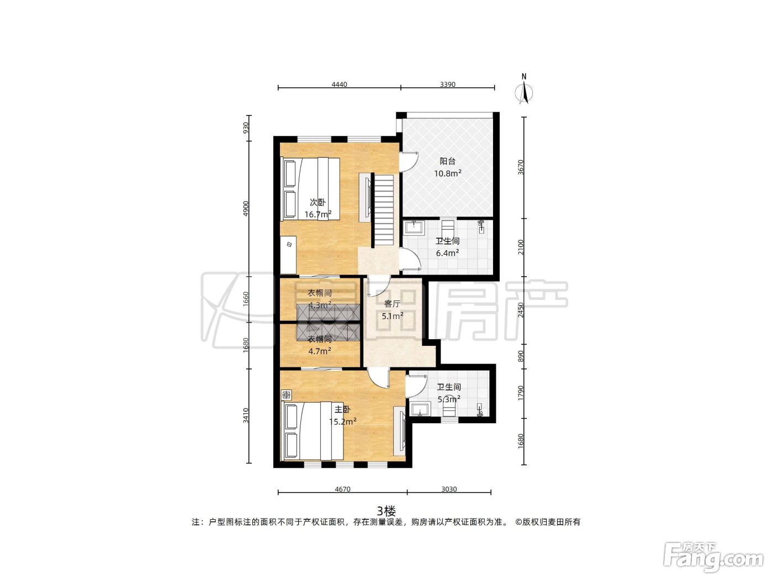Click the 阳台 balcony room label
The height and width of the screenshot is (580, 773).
447,161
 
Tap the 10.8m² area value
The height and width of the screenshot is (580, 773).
447,173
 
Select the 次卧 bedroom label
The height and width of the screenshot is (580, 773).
317,203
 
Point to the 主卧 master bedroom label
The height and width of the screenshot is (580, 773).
342,409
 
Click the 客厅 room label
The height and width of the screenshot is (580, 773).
392,304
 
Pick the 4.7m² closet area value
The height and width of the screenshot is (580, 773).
319,351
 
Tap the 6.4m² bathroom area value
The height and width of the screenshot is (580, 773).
447,253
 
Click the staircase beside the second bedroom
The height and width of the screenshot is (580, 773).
384,210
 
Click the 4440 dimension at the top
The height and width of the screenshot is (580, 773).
339,85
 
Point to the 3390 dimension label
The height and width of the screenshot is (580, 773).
448,85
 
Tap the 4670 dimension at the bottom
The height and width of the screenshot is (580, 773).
342,489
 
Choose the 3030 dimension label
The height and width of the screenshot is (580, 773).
449,489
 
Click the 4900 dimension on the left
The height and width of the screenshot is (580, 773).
246,208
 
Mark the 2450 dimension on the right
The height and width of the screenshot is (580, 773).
521,310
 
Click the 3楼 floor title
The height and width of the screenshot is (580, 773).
386,510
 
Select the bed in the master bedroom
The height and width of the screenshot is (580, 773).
312,431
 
